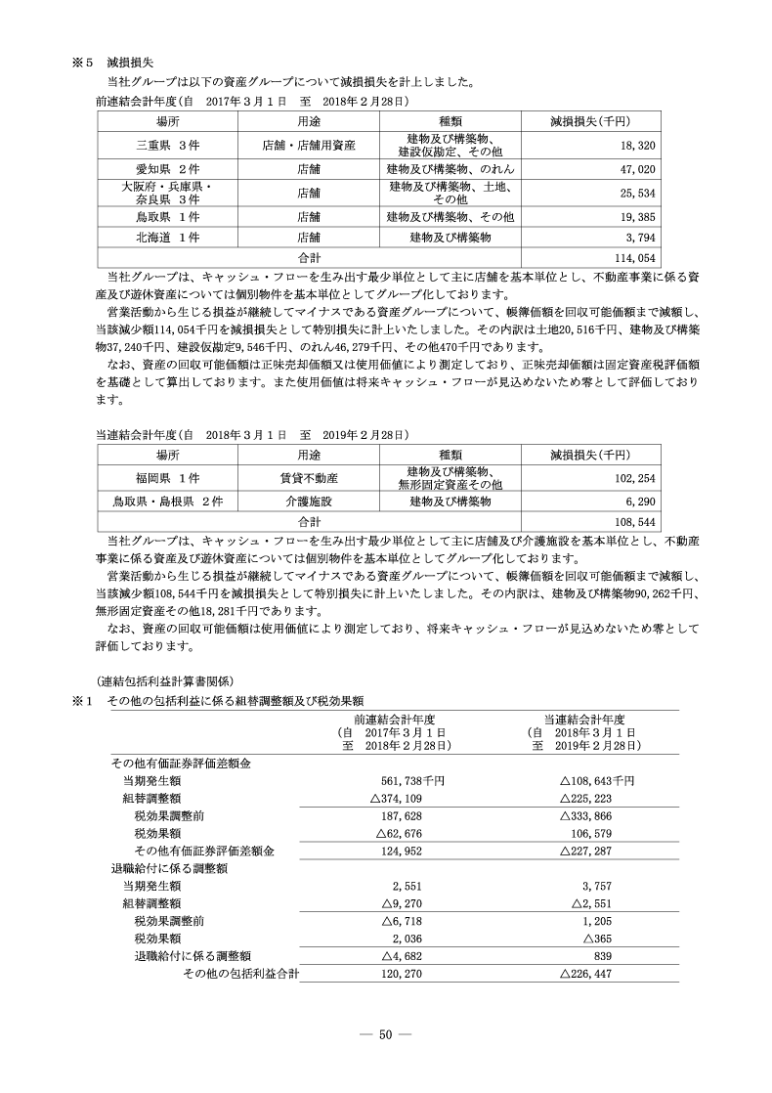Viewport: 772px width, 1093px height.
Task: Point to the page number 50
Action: tap(385, 1035)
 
